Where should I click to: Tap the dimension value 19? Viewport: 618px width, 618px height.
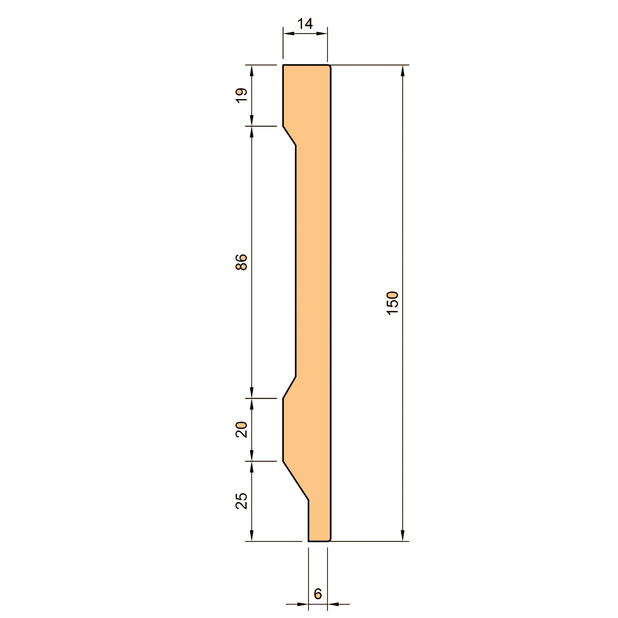coord(242,95)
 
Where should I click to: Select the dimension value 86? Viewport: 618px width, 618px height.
coord(242,262)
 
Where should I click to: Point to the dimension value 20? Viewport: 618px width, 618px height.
coord(242,430)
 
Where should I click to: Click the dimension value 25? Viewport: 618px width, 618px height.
coord(242,501)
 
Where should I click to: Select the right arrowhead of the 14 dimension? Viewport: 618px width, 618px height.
coord(322,33)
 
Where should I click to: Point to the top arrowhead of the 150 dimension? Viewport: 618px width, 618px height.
coord(403,71)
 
